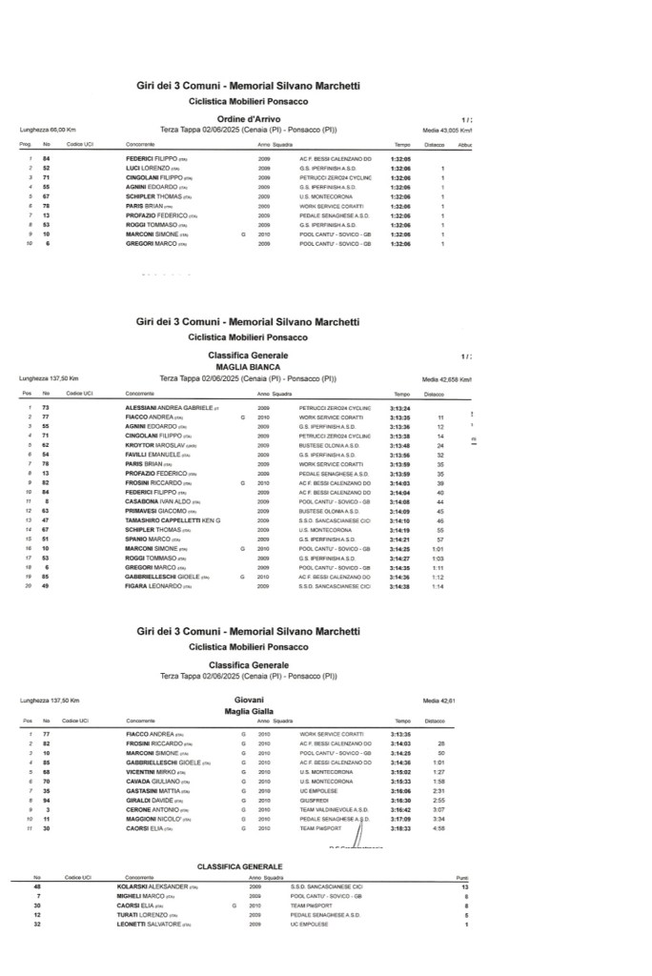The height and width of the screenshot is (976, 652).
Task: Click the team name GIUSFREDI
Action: [x=315, y=801]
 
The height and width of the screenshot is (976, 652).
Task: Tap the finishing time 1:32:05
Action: [x=400, y=158]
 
